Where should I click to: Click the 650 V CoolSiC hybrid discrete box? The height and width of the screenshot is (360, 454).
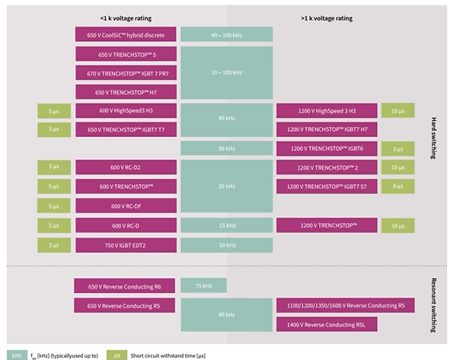point(126,34)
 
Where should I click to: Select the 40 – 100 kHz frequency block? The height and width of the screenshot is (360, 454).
point(226,34)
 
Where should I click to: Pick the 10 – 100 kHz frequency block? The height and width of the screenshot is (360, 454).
point(226,72)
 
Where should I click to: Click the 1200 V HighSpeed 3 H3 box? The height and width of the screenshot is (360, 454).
point(327,110)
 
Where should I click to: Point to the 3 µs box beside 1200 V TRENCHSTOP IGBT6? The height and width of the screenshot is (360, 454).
point(398,148)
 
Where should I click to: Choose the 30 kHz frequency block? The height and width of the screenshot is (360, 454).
point(226,148)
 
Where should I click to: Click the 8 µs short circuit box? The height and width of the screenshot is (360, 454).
point(398,186)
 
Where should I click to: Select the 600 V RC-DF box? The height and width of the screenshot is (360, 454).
point(126,205)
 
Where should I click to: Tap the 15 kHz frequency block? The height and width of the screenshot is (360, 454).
point(226,225)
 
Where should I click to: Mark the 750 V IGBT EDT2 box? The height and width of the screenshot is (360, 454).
point(126,245)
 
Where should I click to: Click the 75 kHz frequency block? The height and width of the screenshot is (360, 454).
point(203,285)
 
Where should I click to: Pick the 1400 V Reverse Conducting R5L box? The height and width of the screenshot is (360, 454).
point(327,324)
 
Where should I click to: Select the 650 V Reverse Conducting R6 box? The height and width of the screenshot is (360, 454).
point(124,286)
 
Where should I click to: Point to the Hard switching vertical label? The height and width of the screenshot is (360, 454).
point(433,138)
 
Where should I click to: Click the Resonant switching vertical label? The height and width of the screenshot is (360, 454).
point(433,305)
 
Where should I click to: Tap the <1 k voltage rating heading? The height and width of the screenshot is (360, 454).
point(126,18)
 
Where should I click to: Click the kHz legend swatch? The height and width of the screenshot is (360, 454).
point(17,355)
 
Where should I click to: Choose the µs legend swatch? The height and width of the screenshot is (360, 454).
point(117,355)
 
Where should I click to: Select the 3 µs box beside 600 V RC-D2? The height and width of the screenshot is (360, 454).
point(54,167)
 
